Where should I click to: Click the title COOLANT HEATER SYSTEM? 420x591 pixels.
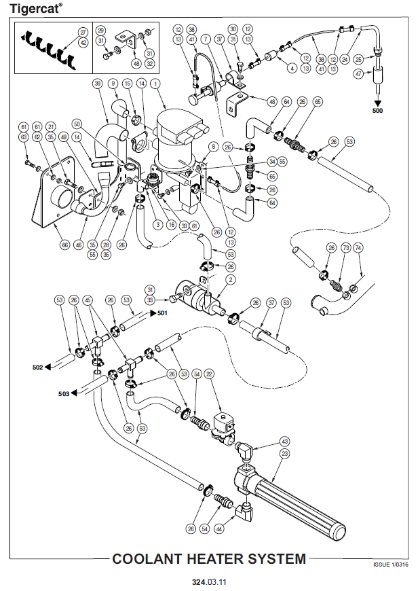click(209, 559)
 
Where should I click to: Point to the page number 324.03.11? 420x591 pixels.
click(209, 582)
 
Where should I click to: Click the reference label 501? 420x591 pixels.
click(161, 313)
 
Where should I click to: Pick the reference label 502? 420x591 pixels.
click(38, 368)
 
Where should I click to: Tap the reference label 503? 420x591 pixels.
click(64, 393)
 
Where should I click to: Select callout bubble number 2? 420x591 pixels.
click(231, 279)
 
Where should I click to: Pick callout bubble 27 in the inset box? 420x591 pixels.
click(83, 32)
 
